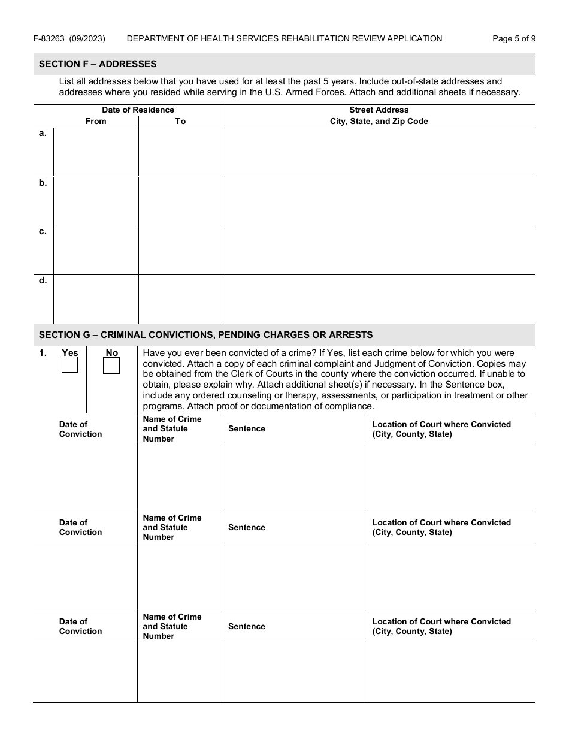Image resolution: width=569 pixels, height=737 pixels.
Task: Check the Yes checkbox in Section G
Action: tap(70, 365)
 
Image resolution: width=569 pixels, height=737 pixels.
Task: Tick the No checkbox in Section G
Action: tap(111, 365)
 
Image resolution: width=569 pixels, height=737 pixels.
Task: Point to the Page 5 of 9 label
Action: tap(513, 38)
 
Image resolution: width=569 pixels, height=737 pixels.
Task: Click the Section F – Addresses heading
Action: tap(98, 64)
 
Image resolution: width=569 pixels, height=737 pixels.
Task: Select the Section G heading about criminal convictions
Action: tap(205, 335)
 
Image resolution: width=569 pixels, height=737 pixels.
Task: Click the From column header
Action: tap(96, 121)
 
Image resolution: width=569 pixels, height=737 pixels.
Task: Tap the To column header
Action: tap(180, 121)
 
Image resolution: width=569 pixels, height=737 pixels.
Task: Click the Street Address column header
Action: tap(379, 110)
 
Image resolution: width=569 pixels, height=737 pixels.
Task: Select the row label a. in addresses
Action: tap(43, 134)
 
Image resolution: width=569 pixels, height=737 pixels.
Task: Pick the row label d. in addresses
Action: tap(43, 280)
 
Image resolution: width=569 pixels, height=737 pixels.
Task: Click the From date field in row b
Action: tap(96, 201)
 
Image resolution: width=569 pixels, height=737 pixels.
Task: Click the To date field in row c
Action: tap(180, 250)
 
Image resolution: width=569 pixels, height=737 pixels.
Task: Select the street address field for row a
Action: tap(379, 152)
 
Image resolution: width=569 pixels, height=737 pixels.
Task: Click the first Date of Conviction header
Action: tap(80, 429)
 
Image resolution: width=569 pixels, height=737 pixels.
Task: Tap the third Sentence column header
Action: tap(246, 626)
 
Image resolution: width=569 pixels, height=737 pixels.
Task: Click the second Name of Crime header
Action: tap(172, 527)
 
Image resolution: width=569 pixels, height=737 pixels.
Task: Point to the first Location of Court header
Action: tap(441, 429)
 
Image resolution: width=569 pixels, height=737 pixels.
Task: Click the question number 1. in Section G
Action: tap(43, 353)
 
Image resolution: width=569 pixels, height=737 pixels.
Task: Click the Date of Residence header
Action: tap(138, 110)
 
